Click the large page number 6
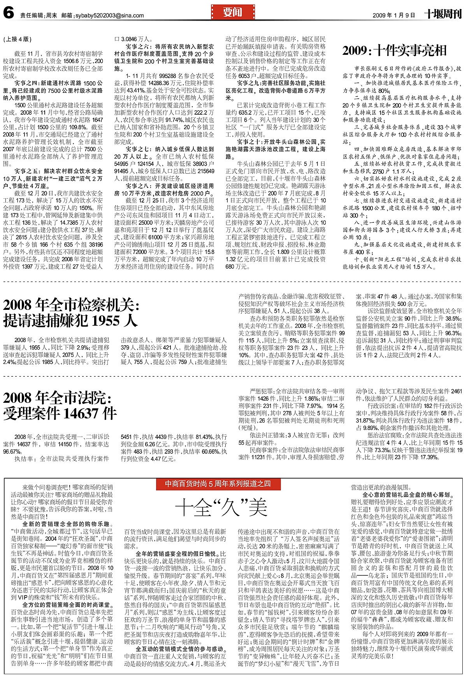[9, 14]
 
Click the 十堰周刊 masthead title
[442, 15]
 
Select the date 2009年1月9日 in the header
[394, 16]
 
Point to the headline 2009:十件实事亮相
[394, 51]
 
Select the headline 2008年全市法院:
[57, 398]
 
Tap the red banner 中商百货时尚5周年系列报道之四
[218, 484]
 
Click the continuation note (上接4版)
[17, 39]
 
